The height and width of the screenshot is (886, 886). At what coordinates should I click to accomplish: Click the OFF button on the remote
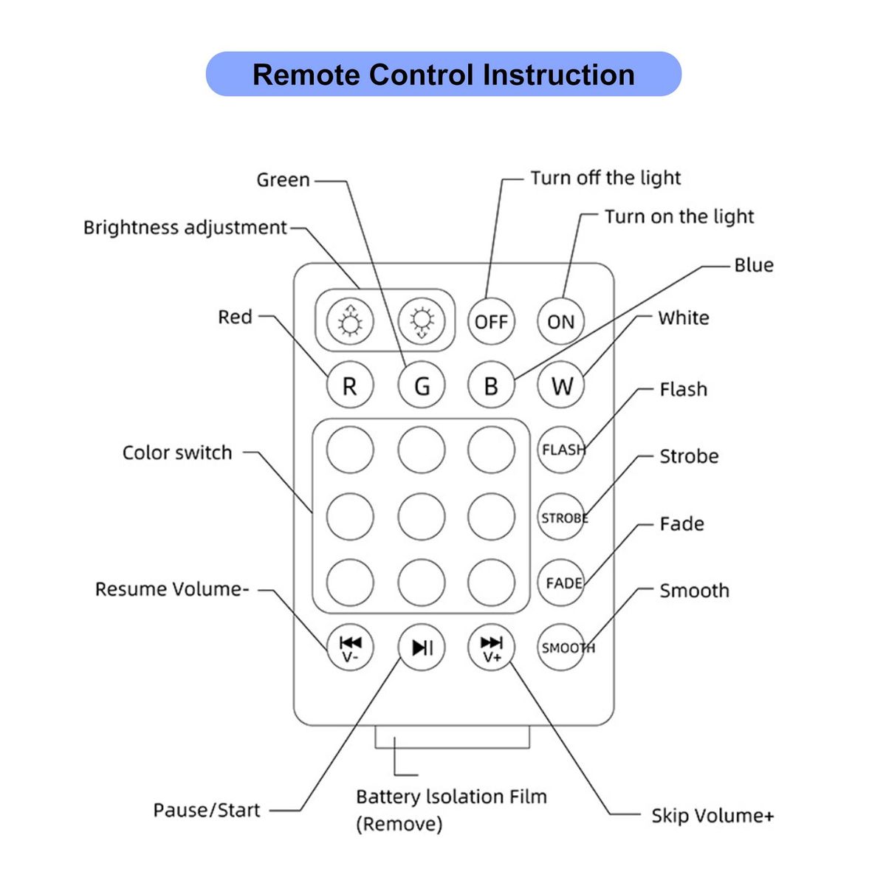click(x=491, y=321)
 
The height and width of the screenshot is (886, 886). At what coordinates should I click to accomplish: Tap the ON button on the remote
click(x=560, y=321)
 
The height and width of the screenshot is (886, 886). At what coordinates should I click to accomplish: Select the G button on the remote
click(x=422, y=385)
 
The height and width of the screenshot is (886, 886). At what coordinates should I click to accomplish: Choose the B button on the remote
click(x=491, y=385)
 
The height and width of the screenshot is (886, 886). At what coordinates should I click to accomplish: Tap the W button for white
click(x=561, y=385)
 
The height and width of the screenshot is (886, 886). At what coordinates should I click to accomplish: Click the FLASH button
click(x=561, y=449)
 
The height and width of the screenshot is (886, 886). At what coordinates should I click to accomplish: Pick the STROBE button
click(x=561, y=518)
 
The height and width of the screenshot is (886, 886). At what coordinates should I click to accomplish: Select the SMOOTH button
click(x=561, y=648)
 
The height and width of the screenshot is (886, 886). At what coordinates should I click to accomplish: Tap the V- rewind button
click(x=350, y=648)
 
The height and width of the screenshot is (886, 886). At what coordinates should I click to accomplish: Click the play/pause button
click(x=422, y=648)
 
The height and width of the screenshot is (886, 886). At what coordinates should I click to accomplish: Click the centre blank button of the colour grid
click(x=422, y=516)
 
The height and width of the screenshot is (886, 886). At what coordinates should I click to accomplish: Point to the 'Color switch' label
click(x=177, y=453)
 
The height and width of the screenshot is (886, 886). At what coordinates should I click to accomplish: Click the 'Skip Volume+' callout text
click(x=712, y=816)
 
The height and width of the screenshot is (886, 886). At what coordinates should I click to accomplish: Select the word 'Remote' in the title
click(x=306, y=75)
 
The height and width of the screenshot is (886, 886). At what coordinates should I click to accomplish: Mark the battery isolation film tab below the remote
click(x=452, y=736)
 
